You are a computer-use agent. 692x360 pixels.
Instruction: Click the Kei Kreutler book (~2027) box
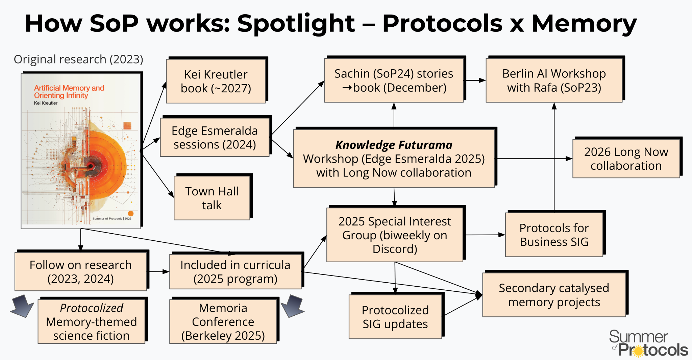216,81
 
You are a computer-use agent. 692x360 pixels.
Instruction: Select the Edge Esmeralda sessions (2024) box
215,137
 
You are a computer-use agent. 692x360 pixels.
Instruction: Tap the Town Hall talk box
212,198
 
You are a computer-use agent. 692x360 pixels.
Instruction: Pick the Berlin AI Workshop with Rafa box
554,80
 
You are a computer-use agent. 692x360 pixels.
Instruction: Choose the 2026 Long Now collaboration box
626,159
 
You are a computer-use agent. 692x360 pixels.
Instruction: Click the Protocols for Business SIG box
554,235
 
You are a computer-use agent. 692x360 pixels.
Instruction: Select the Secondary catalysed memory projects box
554,295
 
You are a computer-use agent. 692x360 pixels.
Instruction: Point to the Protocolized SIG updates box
395,317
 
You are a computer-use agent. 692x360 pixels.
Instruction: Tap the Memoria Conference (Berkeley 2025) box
223,321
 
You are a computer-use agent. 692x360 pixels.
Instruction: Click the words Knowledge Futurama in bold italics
394,145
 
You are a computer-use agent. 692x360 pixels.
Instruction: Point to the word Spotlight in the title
296,23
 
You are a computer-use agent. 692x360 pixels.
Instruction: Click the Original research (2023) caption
78,59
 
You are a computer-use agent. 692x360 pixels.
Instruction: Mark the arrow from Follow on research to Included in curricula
158,271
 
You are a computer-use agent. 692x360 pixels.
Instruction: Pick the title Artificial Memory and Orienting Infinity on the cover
69,92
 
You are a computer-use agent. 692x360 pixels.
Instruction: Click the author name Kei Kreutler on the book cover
46,103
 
